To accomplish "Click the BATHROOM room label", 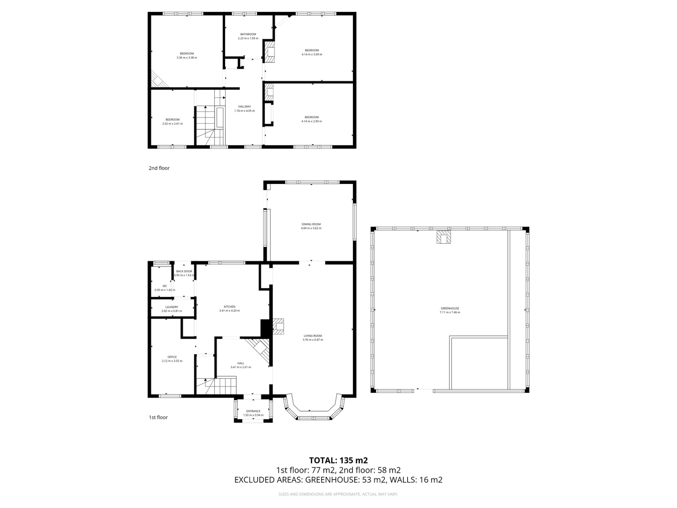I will [248, 34].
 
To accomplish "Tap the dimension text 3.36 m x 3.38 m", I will [187, 58].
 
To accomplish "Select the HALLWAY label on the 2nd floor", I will [245, 106].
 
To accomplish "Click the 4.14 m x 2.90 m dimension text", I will [311, 121].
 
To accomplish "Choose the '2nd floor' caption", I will [159, 168].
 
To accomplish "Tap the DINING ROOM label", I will [311, 224].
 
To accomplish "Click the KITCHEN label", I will [229, 307].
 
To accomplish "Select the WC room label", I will [165, 286].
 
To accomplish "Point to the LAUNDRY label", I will [172, 307].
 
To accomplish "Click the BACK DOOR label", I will [184, 271].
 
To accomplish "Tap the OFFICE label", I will [172, 357].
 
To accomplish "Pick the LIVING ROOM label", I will [313, 336].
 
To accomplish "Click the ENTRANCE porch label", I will [253, 411].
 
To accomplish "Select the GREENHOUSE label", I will [450, 308].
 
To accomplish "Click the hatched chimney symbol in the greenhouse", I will [444, 237].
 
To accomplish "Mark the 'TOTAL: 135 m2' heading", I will [338, 460].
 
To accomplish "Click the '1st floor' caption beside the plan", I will [158, 417].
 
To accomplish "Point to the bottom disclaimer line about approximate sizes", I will [338, 494].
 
